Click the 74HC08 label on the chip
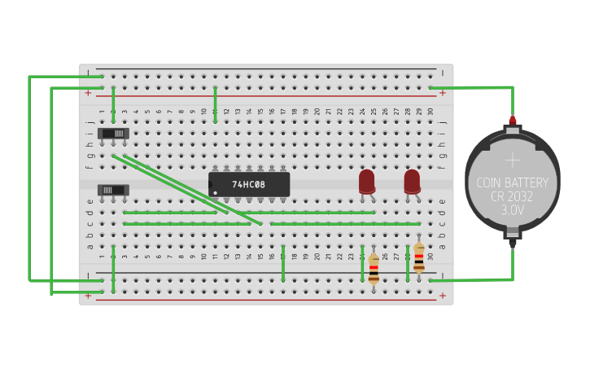pyautogui.click(x=249, y=185)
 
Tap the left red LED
pyautogui.click(x=367, y=181)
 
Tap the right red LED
pyautogui.click(x=413, y=181)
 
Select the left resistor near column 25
pyautogui.click(x=374, y=267)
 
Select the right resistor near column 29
pyautogui.click(x=418, y=257)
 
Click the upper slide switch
pyautogui.click(x=113, y=133)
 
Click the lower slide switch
pyautogui.click(x=113, y=190)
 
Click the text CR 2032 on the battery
pyautogui.click(x=513, y=197)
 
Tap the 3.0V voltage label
pyautogui.click(x=513, y=210)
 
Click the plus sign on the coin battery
pyautogui.click(x=513, y=159)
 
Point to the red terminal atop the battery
pyautogui.click(x=513, y=121)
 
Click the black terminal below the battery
pyautogui.click(x=513, y=240)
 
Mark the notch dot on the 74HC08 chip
pyautogui.click(x=215, y=193)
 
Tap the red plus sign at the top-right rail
pyautogui.click(x=443, y=93)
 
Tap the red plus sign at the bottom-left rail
pyautogui.click(x=88, y=296)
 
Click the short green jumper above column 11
pyautogui.click(x=215, y=104)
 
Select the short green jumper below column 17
pyautogui.click(x=283, y=262)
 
